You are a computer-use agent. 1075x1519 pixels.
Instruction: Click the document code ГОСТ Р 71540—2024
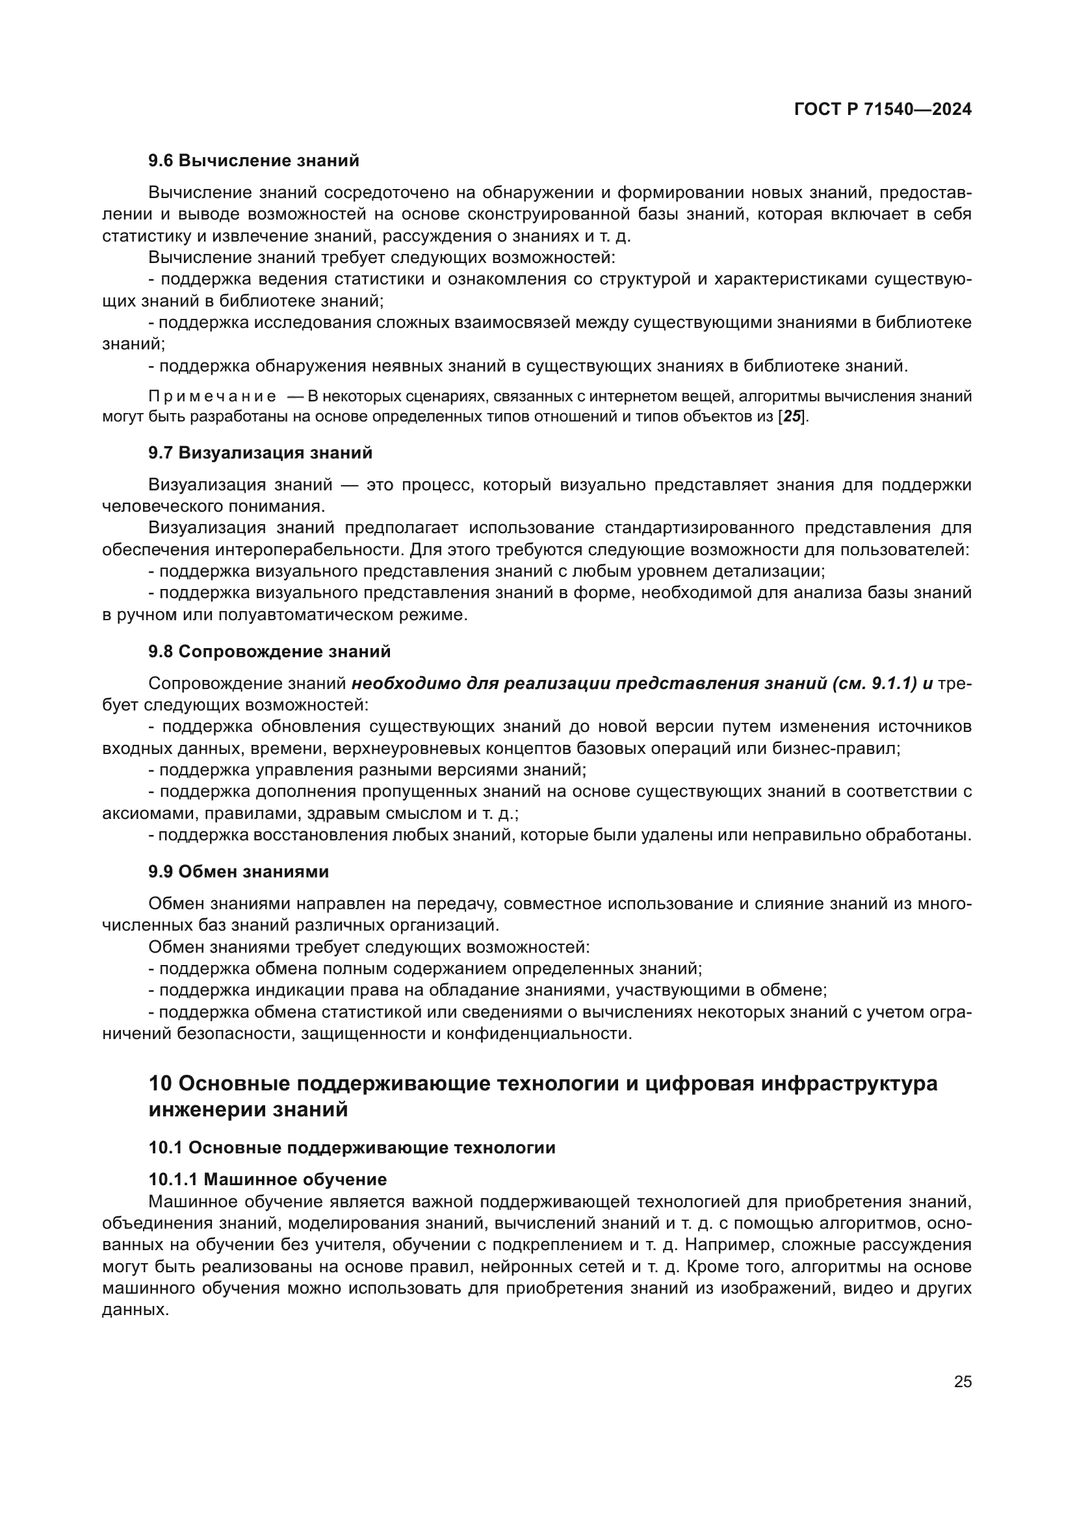pos(883,109)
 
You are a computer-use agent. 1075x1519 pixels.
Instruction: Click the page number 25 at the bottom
pos(963,1381)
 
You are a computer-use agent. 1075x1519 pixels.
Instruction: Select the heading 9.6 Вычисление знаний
pos(253,160)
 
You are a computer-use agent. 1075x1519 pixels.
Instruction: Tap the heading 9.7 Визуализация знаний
pos(260,453)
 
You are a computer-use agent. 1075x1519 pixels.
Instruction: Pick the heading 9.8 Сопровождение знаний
pos(270,651)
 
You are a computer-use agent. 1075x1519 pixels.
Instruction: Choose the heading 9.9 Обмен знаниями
pos(239,872)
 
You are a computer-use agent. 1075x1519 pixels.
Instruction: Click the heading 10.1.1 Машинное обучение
pos(267,1179)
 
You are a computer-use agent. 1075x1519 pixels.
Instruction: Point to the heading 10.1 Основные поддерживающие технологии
pos(352,1147)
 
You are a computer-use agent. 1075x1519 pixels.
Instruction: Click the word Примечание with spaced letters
pos(213,396)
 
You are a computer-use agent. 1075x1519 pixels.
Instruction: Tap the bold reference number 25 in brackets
pos(792,417)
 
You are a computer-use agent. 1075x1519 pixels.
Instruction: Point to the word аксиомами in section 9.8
pos(148,813)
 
